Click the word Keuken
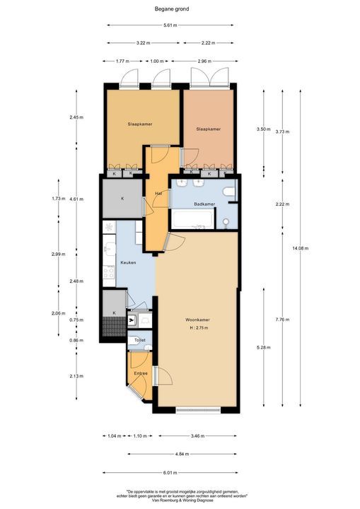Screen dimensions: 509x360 (128, 262)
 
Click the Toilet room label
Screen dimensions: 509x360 (139, 341)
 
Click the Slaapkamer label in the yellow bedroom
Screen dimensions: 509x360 (140, 124)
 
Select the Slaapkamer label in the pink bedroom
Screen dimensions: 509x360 (209, 129)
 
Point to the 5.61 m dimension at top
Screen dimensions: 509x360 (170, 26)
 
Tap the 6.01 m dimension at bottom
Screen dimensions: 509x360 (170, 473)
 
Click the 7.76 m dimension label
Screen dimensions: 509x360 (282, 320)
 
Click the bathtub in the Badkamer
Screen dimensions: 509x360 (192, 223)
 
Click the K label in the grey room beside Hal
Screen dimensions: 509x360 (122, 198)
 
